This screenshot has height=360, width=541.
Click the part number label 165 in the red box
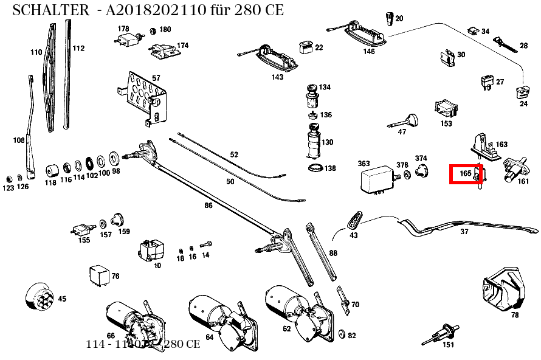(x=466, y=173)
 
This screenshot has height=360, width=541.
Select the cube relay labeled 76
(x=98, y=276)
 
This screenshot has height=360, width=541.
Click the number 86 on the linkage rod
(x=208, y=206)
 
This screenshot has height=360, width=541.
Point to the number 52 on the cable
(x=234, y=154)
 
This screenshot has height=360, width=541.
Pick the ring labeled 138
(x=314, y=168)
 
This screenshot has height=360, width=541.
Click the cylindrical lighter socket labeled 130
(x=313, y=142)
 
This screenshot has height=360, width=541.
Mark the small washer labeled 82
(x=340, y=334)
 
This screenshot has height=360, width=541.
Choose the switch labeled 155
(x=80, y=229)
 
